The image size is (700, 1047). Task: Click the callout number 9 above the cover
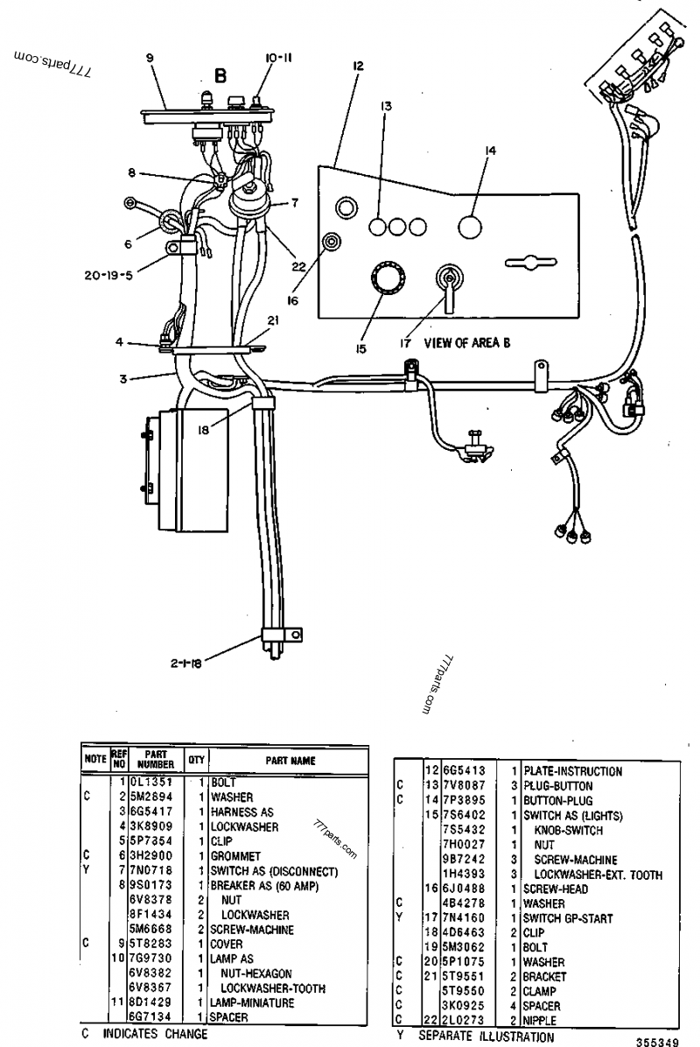pos(150,58)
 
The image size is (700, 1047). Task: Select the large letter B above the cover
pos(220,76)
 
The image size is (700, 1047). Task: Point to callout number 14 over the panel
pos(490,151)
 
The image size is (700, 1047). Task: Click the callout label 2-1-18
pos(185,664)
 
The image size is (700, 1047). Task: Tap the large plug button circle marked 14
pos(471,227)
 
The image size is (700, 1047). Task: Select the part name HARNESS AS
pos(241,812)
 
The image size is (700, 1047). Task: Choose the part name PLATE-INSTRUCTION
pos(572,771)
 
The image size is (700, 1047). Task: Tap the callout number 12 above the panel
pos(359,66)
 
